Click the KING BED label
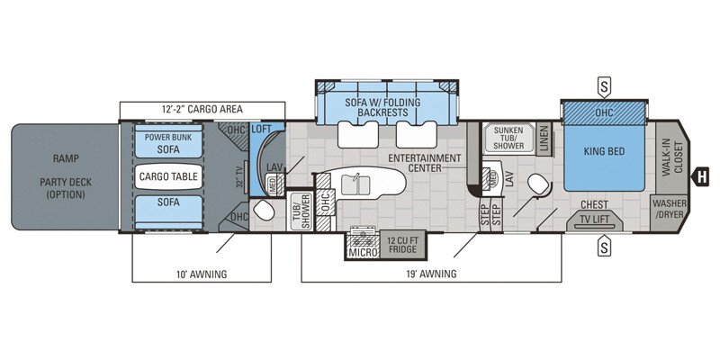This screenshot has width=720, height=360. coord(603,152)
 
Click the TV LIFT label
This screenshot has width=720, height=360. coord(596,218)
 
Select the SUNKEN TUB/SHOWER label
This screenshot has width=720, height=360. coord(509,138)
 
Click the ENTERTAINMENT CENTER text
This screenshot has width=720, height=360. coord(427,163)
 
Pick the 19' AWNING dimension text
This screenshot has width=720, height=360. coord(431,274)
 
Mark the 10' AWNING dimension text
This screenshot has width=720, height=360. coord(202,274)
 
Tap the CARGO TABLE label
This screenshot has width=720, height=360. coord(169,176)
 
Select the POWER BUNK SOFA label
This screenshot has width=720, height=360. coord(167,145)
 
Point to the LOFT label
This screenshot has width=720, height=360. coord(262,130)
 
